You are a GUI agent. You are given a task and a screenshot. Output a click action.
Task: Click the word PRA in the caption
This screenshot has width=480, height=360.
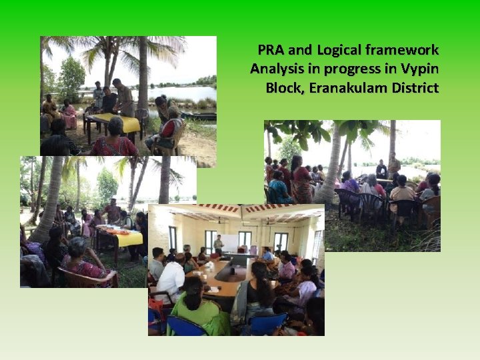[x=269, y=50]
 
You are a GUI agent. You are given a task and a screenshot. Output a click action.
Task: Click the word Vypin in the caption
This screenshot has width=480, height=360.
[x=421, y=69]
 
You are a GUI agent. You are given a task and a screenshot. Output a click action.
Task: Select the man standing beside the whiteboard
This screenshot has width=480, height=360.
[x=218, y=245]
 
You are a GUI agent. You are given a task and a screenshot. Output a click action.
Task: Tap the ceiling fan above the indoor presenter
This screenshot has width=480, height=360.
[x=225, y=221]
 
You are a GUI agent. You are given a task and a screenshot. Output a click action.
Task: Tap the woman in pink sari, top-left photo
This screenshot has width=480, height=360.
[x=69, y=115]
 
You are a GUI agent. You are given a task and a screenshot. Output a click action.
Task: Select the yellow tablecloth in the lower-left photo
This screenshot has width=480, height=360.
[x=120, y=237]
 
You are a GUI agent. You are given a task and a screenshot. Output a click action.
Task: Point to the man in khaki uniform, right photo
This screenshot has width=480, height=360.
[x=394, y=167]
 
